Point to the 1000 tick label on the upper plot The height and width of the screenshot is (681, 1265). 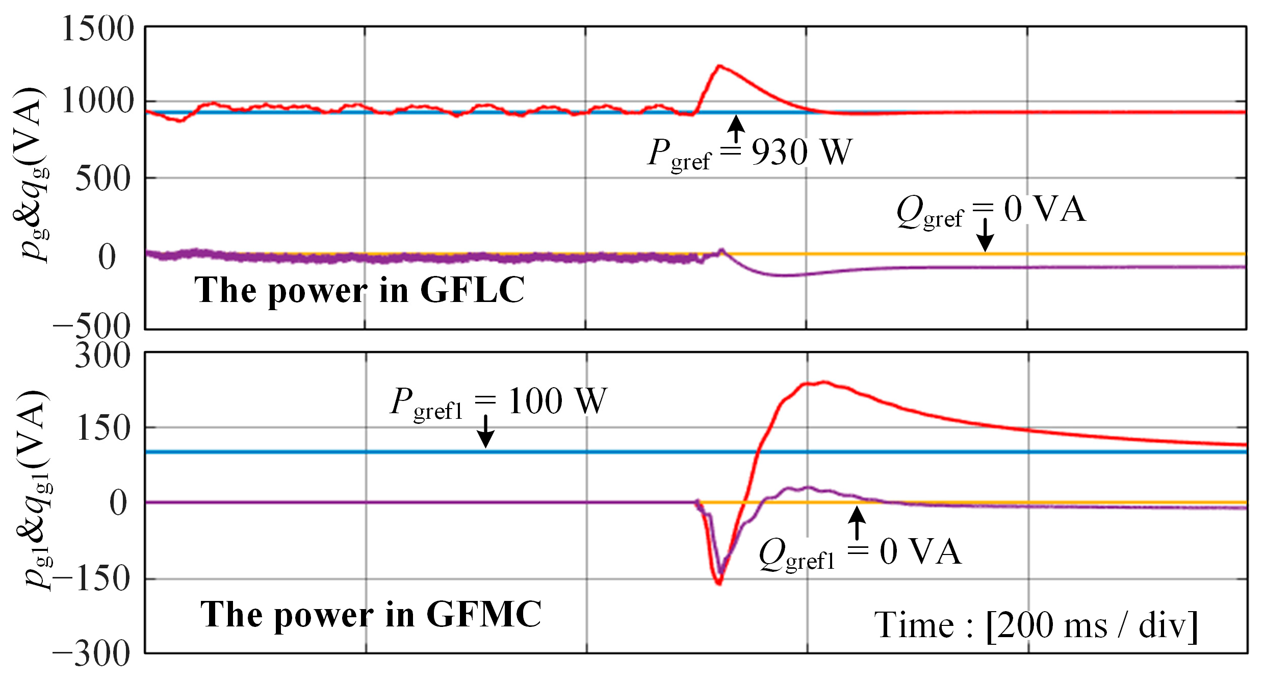pyautogui.click(x=97, y=100)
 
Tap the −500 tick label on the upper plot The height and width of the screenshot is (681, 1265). pyautogui.click(x=92, y=326)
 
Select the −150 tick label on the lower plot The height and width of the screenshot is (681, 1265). pyautogui.click(x=92, y=578)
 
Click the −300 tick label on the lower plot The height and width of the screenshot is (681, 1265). pyautogui.click(x=92, y=654)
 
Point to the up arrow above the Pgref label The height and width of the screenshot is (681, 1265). pyautogui.click(x=736, y=128)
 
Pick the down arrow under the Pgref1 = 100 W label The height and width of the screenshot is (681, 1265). pyautogui.click(x=485, y=431)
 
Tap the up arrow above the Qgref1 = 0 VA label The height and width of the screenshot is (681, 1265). pyautogui.click(x=857, y=523)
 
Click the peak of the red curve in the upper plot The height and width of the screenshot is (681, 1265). pyautogui.click(x=719, y=65)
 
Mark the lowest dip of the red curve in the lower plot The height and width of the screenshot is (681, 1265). pyautogui.click(x=719, y=583)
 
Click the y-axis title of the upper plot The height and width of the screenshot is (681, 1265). pyautogui.click(x=32, y=173)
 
